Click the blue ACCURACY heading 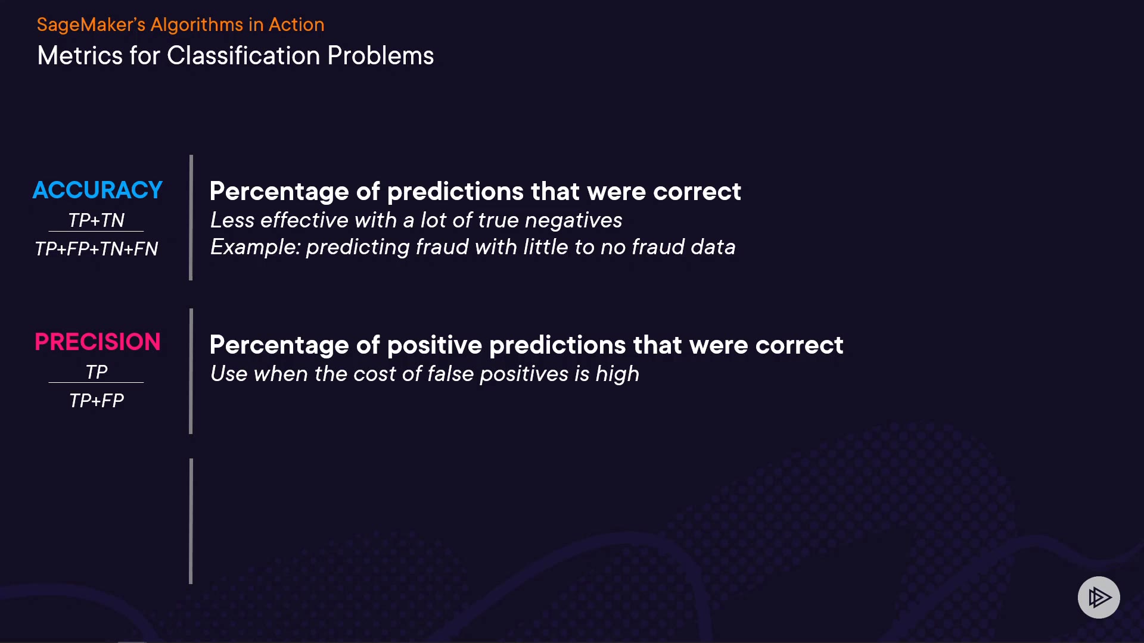click(97, 190)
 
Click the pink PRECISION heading click(97, 342)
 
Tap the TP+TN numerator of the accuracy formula click(96, 220)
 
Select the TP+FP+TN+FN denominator click(96, 249)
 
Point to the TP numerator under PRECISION click(96, 372)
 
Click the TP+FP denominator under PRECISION click(96, 401)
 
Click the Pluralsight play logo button click(1099, 597)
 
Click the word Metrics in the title click(80, 56)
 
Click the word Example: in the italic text click(255, 247)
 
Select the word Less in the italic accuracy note click(232, 220)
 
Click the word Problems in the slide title click(381, 56)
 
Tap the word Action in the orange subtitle click(296, 25)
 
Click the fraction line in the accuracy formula click(96, 231)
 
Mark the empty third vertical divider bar click(191, 521)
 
